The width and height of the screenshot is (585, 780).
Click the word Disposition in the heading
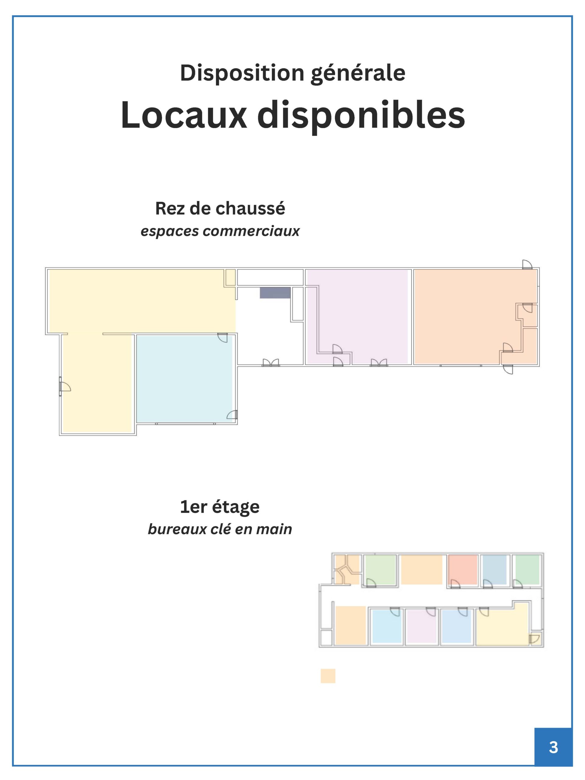242,73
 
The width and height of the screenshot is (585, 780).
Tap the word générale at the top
358,73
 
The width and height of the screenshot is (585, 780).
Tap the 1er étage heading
220,507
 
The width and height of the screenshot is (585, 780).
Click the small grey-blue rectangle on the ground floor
275,293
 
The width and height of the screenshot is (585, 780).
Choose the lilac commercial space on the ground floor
357,317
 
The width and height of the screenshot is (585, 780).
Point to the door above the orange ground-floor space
527,264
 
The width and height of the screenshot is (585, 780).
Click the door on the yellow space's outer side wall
65,386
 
